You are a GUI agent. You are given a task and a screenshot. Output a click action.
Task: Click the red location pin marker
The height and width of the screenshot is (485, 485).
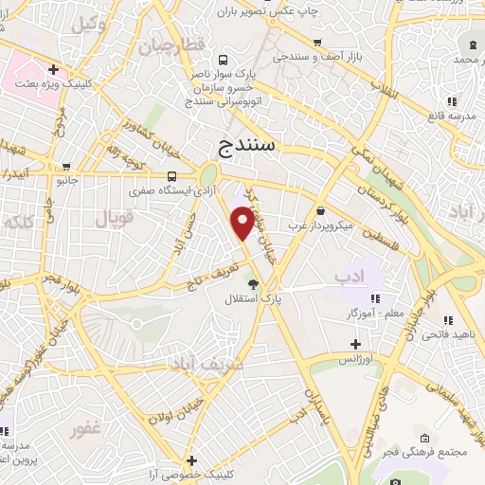pyautogui.click(x=243, y=224)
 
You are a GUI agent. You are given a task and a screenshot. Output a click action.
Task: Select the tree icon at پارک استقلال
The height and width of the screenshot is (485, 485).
pyautogui.click(x=252, y=282)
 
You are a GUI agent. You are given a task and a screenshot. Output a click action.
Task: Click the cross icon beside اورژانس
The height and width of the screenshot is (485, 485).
pyautogui.click(x=355, y=344)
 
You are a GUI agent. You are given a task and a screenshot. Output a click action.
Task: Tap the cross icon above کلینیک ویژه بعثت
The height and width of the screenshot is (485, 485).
pyautogui.click(x=54, y=69)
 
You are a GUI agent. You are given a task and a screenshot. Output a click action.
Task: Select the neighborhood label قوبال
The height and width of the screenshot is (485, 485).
pyautogui.click(x=116, y=219)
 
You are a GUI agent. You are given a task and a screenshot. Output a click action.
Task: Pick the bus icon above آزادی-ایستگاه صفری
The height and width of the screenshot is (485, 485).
pyautogui.click(x=171, y=176)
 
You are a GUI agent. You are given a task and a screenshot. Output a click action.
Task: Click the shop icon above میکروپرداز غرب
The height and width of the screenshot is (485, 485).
pyautogui.click(x=321, y=210)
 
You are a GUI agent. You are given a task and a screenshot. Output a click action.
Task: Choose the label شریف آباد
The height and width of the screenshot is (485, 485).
pyautogui.click(x=207, y=364)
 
